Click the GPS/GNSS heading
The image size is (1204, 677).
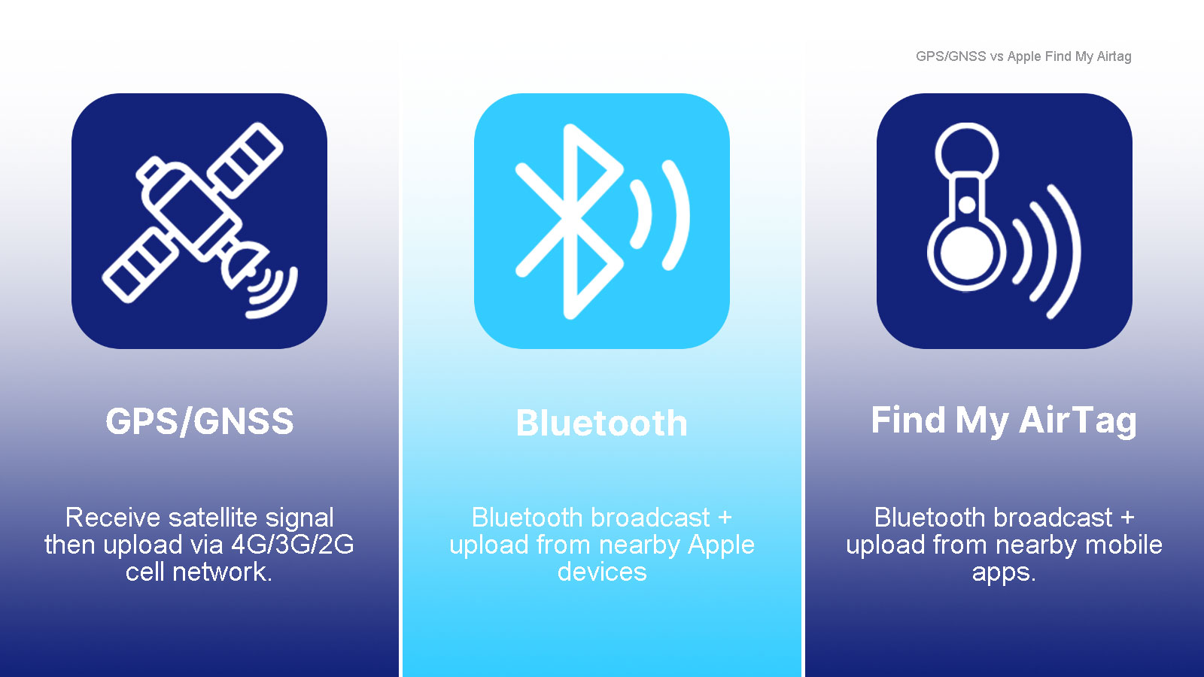click(x=199, y=421)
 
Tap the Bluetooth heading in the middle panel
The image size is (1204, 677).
click(x=601, y=423)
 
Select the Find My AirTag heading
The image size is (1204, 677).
click(x=1004, y=421)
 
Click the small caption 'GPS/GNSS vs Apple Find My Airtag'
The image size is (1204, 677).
click(x=1023, y=56)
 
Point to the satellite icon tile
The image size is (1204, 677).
click(x=199, y=221)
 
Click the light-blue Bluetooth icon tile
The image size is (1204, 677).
click(x=601, y=221)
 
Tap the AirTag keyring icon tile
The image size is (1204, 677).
click(x=1004, y=221)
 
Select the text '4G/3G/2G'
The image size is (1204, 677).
click(x=293, y=545)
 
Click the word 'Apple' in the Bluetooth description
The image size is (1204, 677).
click(x=722, y=545)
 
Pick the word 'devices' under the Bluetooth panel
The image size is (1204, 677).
click(x=602, y=572)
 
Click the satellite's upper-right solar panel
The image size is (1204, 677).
click(x=245, y=160)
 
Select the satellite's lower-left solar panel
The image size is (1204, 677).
click(x=141, y=265)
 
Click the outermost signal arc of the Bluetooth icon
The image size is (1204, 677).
click(x=677, y=215)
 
